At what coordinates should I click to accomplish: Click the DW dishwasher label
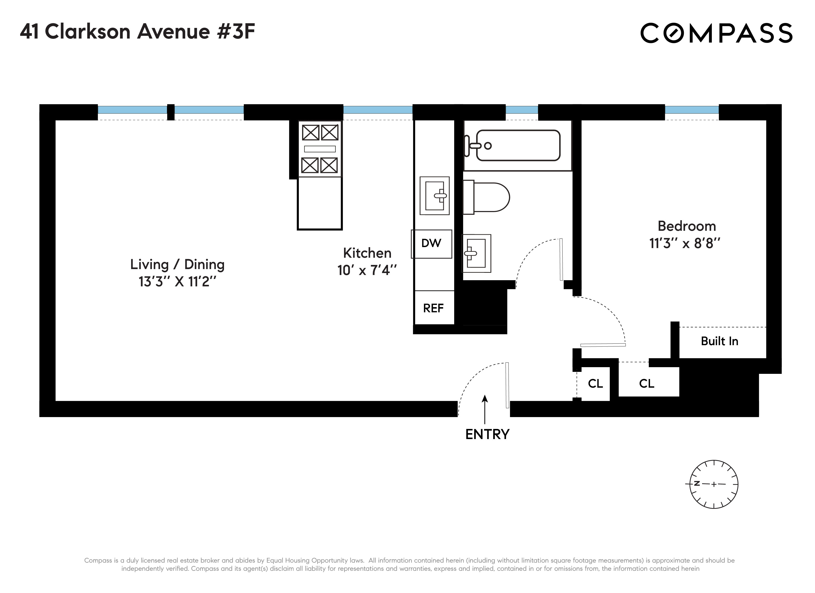[431, 243]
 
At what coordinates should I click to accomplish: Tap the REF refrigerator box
[433, 308]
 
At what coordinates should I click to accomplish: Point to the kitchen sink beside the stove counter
[434, 196]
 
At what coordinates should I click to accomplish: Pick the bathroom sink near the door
[476, 253]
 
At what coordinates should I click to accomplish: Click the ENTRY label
[487, 434]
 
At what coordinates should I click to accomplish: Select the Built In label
[719, 341]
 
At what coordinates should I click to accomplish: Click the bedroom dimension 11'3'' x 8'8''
[685, 243]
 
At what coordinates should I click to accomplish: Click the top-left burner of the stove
[310, 132]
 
